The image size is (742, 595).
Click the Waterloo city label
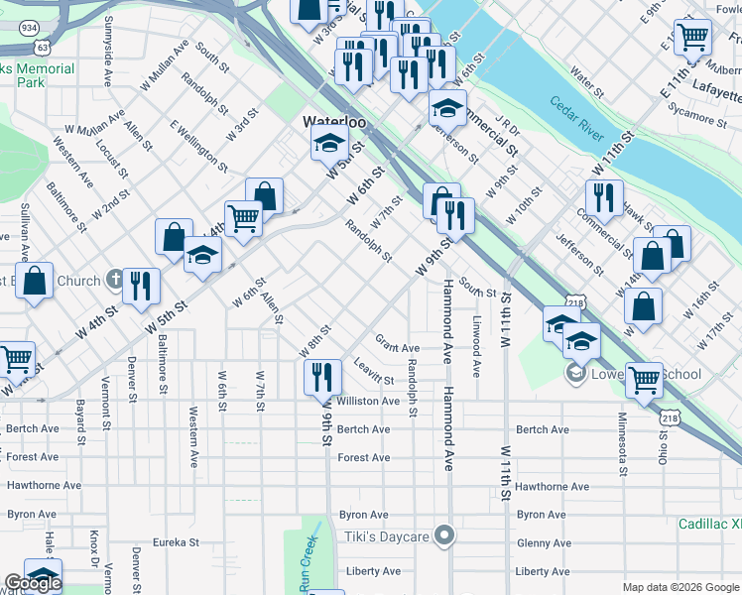(x=334, y=121)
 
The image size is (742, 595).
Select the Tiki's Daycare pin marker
(x=444, y=536)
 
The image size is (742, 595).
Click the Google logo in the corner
(x=32, y=583)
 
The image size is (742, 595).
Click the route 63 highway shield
(x=41, y=47)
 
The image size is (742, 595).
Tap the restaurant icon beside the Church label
(x=141, y=286)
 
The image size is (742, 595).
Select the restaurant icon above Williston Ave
(x=323, y=376)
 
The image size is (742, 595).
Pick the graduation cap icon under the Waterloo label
(x=329, y=144)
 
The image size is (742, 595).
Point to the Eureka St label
(x=177, y=542)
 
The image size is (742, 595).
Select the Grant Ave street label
(x=397, y=348)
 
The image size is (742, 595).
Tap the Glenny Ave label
(x=542, y=542)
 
